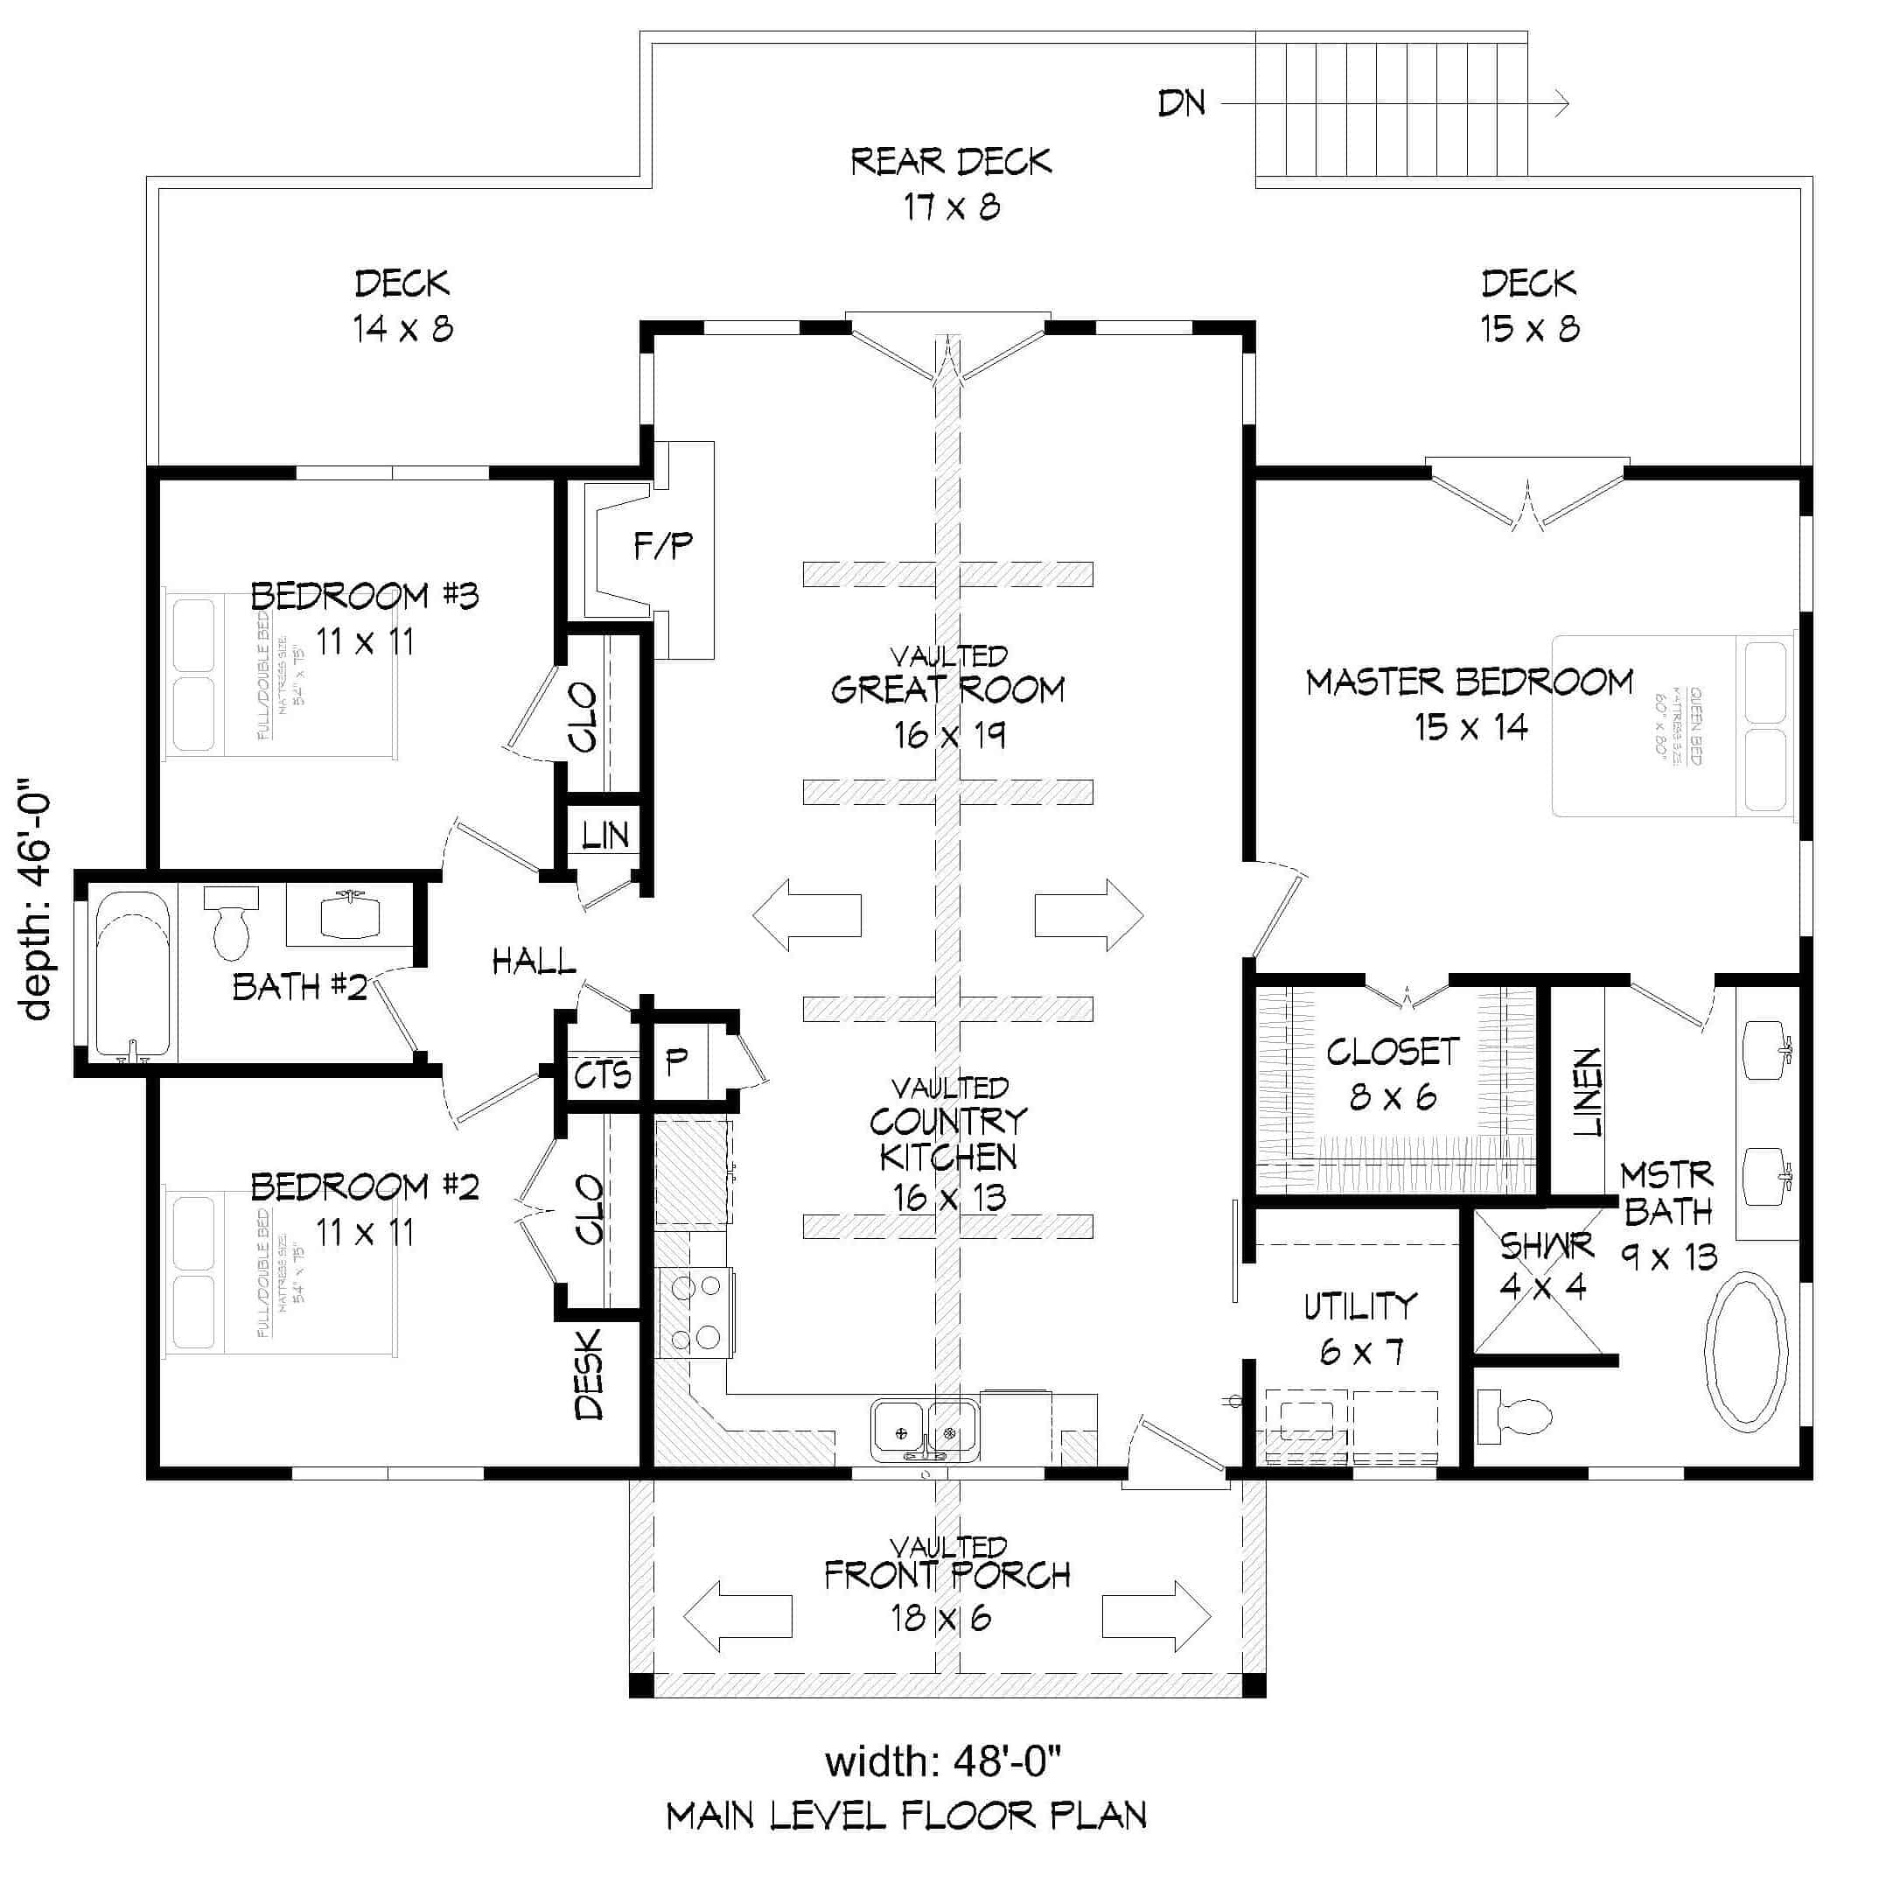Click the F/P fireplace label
662,546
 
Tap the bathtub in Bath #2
134,975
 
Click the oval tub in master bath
1746,1351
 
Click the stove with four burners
695,1312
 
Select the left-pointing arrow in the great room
806,914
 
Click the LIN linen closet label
604,835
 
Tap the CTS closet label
602,1075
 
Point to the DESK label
590,1375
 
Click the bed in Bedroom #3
279,673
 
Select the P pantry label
676,1061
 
